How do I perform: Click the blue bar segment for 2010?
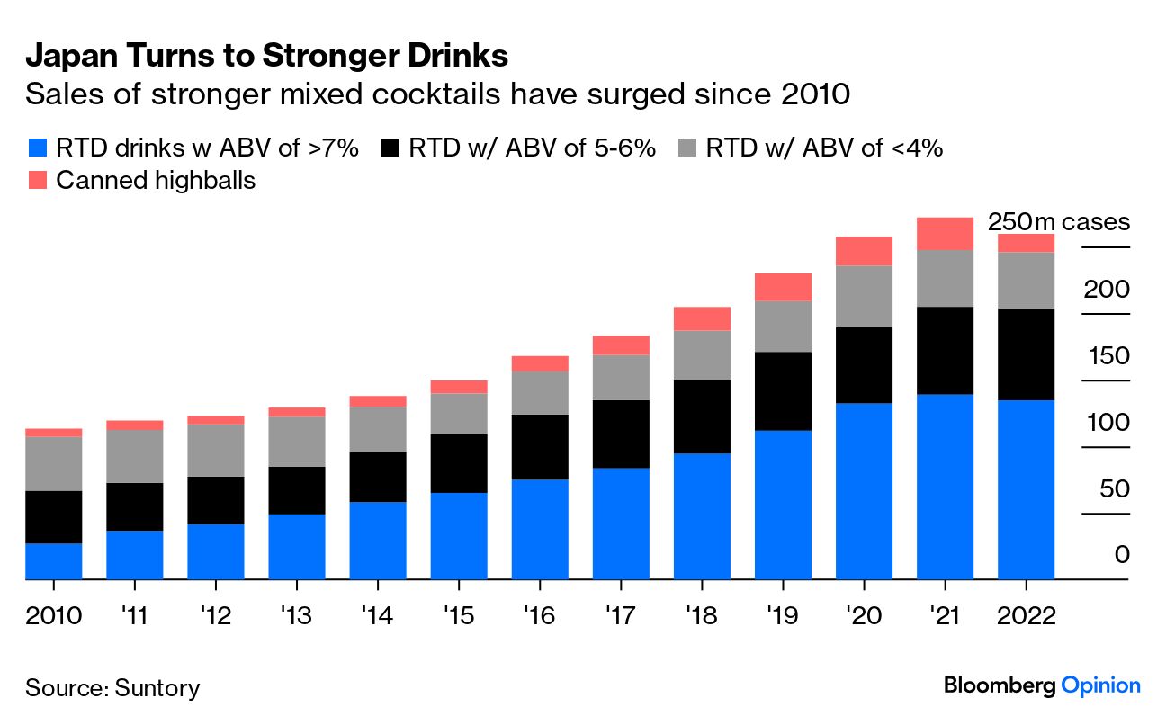[54, 561]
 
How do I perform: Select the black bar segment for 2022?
[1027, 354]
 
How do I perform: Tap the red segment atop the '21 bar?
[945, 233]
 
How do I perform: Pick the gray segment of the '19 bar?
[783, 326]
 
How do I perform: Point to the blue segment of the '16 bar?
[540, 529]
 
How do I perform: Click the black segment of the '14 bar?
[378, 477]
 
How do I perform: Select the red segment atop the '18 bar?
[702, 318]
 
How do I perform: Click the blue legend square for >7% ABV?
[37, 148]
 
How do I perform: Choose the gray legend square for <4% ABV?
[687, 148]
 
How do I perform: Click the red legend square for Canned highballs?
[37, 180]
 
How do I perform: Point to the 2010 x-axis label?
[54, 616]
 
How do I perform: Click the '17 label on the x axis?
[621, 616]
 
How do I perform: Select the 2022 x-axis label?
[1027, 616]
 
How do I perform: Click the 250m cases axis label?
[1058, 222]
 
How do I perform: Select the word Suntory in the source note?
[158, 688]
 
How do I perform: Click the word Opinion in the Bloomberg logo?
[1100, 685]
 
